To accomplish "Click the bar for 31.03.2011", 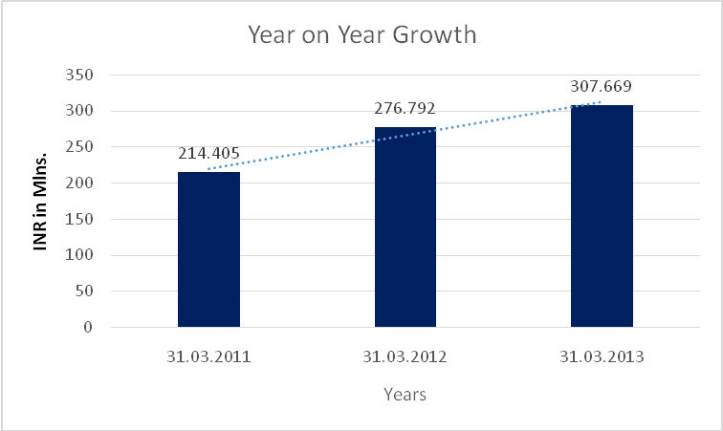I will (x=208, y=249).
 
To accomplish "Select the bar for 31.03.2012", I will (x=405, y=227).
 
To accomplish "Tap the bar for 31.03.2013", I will (x=602, y=216).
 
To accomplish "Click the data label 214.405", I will (x=208, y=153).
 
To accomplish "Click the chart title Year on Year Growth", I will (x=362, y=36).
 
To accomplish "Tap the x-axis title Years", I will (x=405, y=393).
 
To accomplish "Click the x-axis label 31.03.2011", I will (x=208, y=357).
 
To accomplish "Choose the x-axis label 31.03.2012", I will (x=405, y=357).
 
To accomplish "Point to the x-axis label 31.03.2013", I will (x=602, y=357).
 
